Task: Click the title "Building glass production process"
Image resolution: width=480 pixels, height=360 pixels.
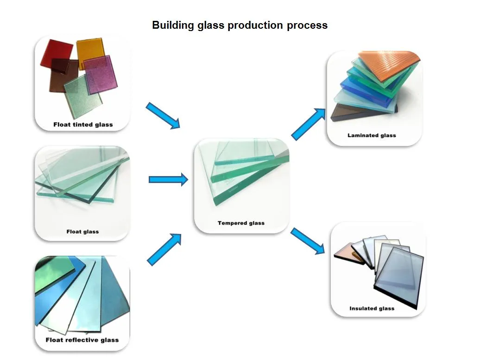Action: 240,25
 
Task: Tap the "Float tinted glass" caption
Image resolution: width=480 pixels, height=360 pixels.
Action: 83,124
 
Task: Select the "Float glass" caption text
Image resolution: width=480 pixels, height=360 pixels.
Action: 82,231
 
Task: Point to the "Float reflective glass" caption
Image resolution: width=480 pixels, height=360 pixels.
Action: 82,340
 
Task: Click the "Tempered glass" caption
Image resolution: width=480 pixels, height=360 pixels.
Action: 241,223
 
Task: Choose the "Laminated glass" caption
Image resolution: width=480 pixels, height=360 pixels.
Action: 372,135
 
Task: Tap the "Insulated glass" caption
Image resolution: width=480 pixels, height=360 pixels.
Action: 372,308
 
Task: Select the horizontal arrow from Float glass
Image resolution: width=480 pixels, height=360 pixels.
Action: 168,179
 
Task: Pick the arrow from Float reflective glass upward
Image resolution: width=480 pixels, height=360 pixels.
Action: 164,249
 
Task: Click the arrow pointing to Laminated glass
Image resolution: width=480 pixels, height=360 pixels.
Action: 309,124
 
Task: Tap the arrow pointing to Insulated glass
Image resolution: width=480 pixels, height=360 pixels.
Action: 307,241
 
